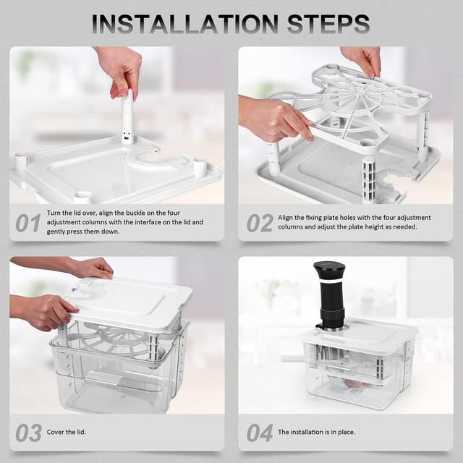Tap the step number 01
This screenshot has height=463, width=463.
pyautogui.click(x=27, y=223)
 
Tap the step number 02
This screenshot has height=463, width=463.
pyautogui.click(x=260, y=223)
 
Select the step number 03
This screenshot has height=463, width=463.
pyautogui.click(x=28, y=433)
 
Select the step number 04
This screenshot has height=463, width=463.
pyautogui.click(x=260, y=433)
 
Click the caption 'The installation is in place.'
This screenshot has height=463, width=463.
pyautogui.click(x=316, y=433)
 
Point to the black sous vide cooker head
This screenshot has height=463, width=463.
pyautogui.click(x=328, y=282)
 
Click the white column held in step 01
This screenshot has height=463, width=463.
pyautogui.click(x=127, y=119)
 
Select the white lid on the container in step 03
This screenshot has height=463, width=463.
pyautogui.click(x=130, y=300)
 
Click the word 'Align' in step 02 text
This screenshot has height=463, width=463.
pyautogui.click(x=287, y=217)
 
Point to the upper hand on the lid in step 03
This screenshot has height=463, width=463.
pyautogui.click(x=90, y=268)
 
